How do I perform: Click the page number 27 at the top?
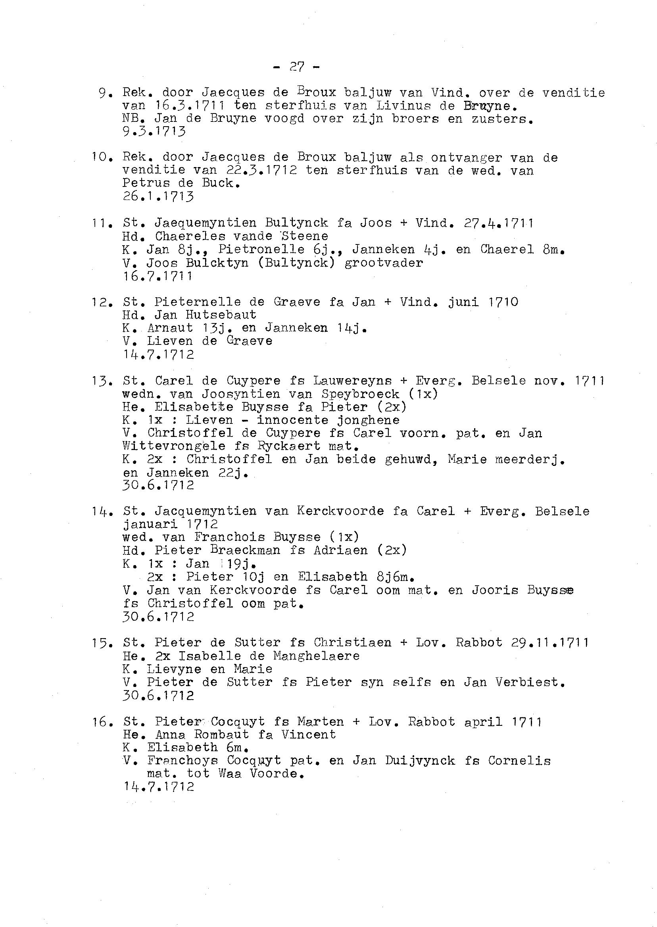point(297,67)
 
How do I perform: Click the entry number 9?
point(103,94)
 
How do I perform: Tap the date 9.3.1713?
point(154,131)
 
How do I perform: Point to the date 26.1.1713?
point(158,197)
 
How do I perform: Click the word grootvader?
point(384,263)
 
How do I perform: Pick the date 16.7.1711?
point(158,276)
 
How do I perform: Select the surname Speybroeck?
point(361,394)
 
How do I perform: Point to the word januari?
point(150,524)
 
